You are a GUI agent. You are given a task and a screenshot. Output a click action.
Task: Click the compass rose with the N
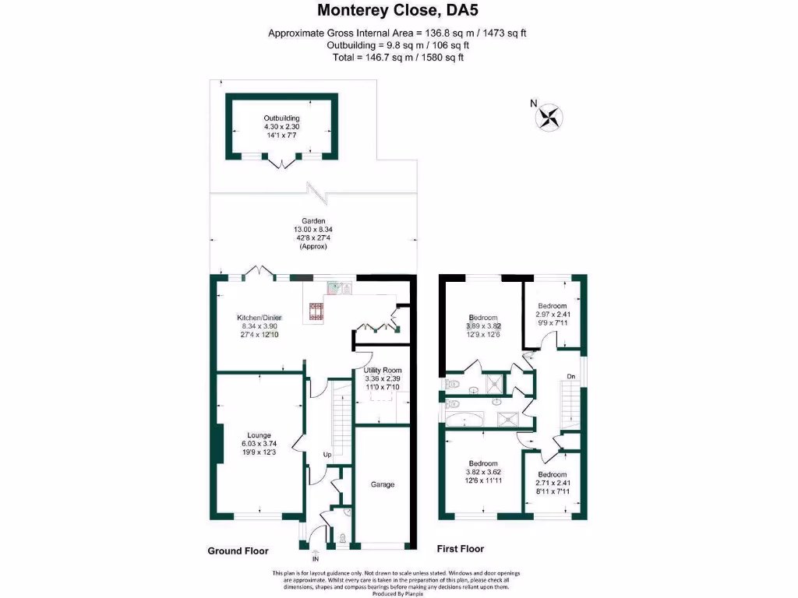pos(550,117)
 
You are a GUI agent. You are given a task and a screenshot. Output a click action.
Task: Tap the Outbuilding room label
pos(281,118)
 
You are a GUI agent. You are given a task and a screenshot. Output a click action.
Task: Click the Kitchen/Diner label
pos(260,318)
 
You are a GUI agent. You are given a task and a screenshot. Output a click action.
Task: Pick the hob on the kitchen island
pos(317,311)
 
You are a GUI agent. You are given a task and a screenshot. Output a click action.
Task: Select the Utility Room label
pos(383,370)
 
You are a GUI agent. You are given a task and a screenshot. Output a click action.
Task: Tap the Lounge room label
pos(259,435)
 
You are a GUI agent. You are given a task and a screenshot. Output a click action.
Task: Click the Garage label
pos(382,484)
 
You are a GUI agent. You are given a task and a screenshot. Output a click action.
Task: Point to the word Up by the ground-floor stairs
pos(329,455)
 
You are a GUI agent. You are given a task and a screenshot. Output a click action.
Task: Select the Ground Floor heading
pos(238,551)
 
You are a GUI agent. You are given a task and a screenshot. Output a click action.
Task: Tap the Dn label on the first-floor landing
pos(571,376)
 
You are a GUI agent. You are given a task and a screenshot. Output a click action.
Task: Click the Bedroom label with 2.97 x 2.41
pos(552,306)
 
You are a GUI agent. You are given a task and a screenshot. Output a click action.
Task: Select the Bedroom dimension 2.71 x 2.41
pos(552,483)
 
